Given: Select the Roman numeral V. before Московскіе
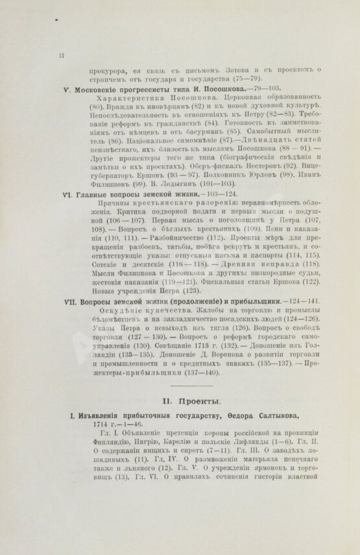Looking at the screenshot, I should point(77,88).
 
